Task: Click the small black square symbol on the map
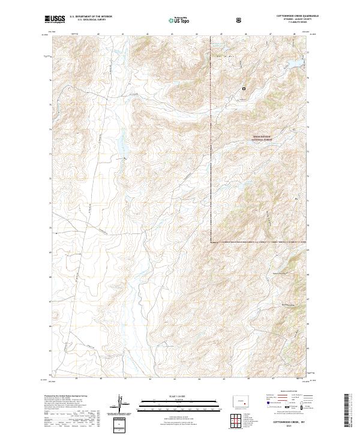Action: pos(244,89)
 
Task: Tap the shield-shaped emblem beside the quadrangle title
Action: pos(239,20)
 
